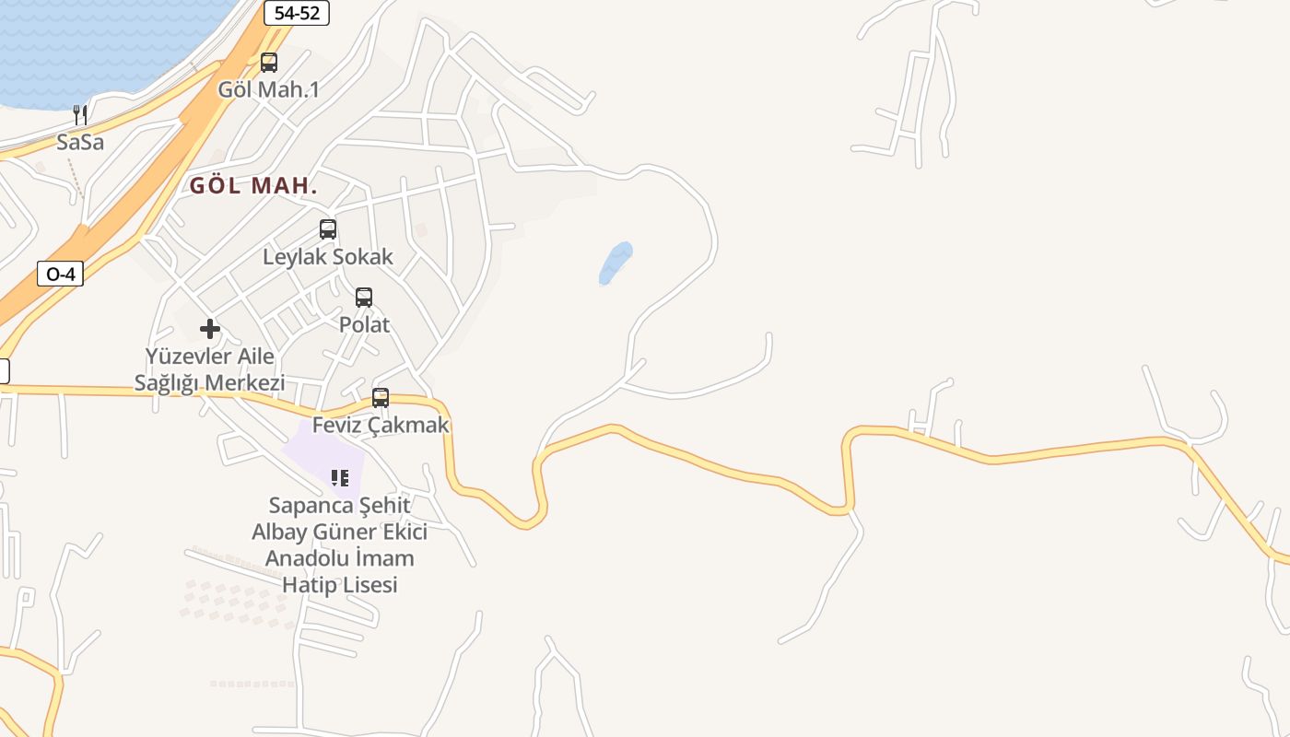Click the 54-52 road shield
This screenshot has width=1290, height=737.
(x=296, y=13)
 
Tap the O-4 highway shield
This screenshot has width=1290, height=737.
(x=60, y=274)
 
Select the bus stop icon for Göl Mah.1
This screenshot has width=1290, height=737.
(x=269, y=63)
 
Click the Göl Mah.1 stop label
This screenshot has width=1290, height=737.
(x=269, y=89)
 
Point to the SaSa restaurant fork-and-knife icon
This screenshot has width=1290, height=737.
(x=80, y=115)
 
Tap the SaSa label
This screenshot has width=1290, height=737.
(x=80, y=143)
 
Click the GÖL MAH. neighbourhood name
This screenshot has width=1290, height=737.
(x=253, y=185)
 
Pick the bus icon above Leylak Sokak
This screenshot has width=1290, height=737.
(x=328, y=229)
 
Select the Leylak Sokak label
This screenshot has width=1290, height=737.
(x=328, y=257)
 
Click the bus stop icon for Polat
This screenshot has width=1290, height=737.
(x=364, y=298)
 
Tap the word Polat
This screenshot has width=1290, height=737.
(x=364, y=325)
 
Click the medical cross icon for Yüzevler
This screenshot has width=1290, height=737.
(x=210, y=329)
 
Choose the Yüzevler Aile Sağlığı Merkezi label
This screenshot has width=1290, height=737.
(x=210, y=369)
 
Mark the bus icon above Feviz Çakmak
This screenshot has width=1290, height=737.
(x=381, y=398)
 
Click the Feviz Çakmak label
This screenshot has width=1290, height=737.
(x=381, y=426)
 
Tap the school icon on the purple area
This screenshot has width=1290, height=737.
(x=340, y=477)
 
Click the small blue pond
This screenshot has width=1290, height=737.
(x=616, y=263)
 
